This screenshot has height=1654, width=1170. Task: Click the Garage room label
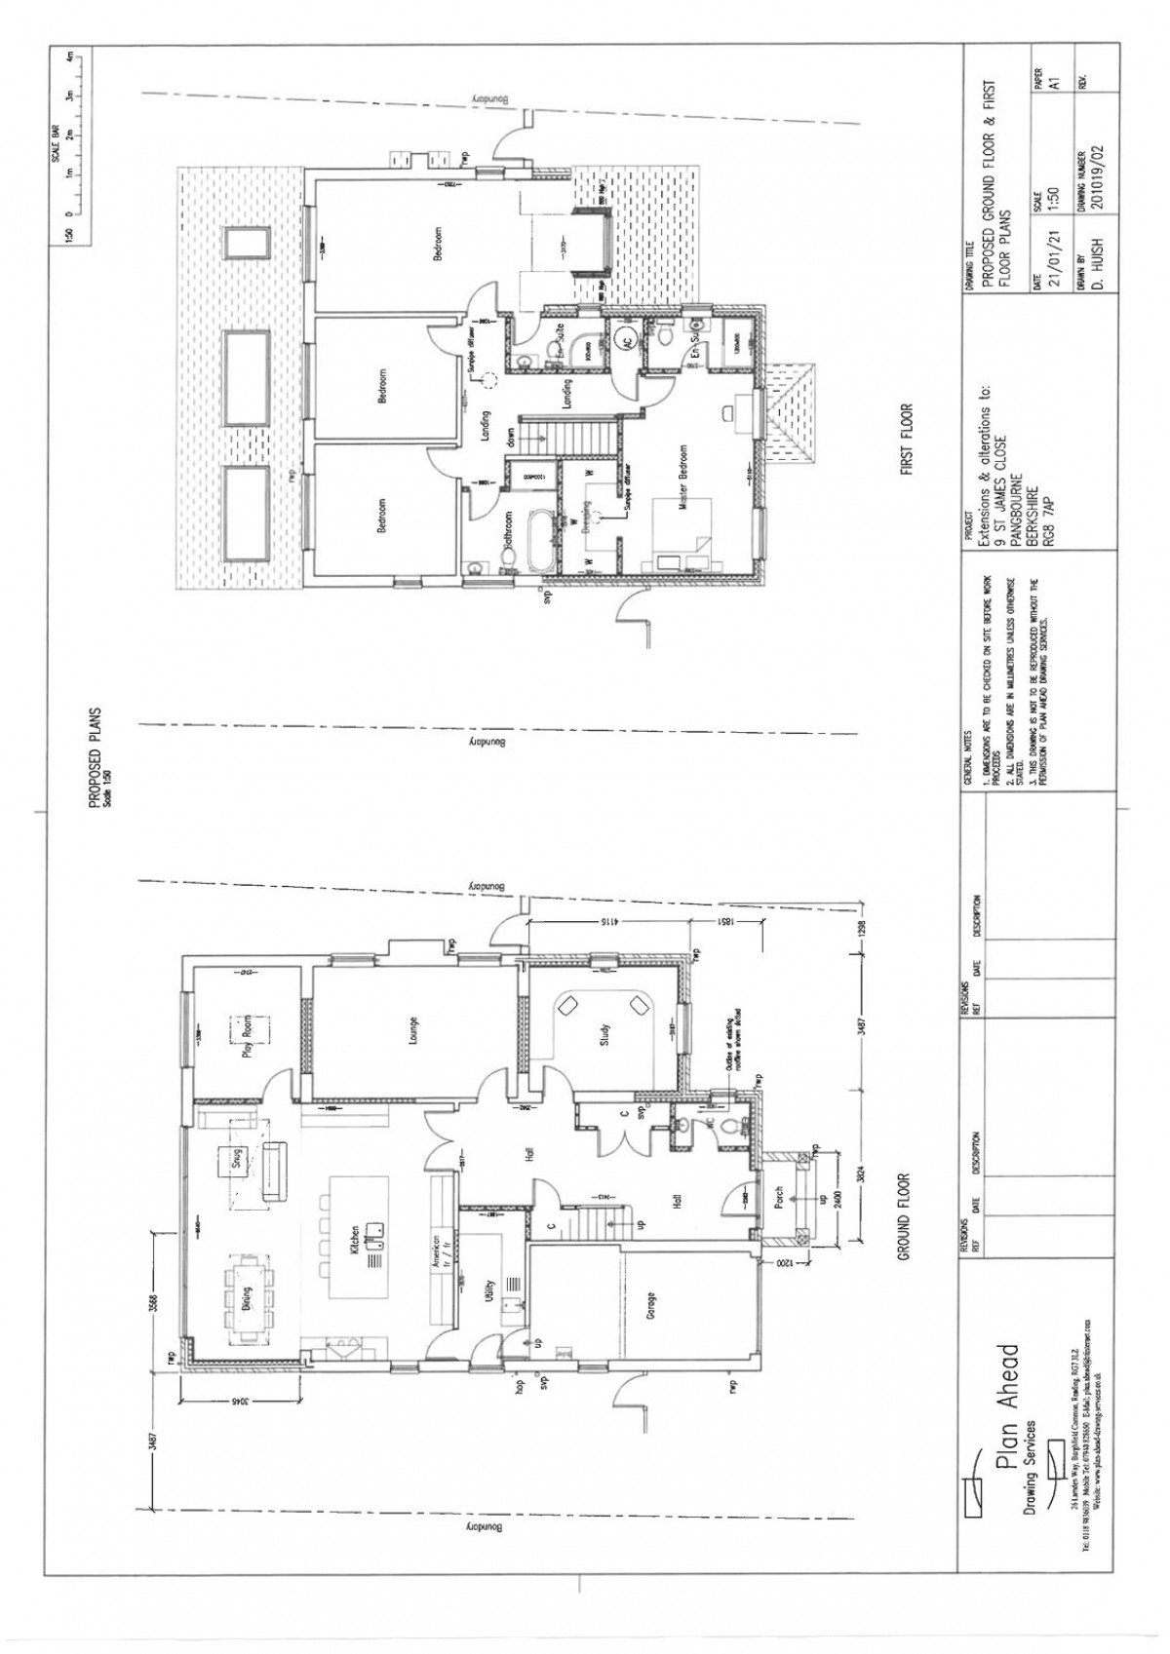tap(650, 1303)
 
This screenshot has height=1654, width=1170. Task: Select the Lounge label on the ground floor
tap(414, 1032)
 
